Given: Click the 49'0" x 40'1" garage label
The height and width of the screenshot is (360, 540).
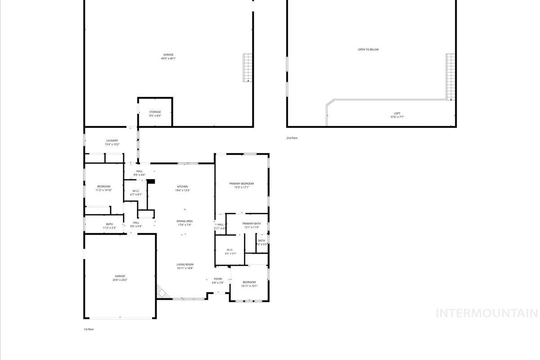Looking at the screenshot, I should pyautogui.click(x=168, y=57).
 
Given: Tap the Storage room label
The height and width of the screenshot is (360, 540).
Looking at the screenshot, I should pyautogui.click(x=155, y=114).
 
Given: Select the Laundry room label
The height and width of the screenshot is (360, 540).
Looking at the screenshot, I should pyautogui.click(x=112, y=142).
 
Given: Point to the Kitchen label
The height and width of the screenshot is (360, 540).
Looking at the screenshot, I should pyautogui.click(x=182, y=188).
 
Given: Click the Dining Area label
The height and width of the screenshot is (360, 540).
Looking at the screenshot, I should pyautogui.click(x=184, y=223).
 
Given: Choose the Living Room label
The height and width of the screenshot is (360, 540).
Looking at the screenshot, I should pyautogui.click(x=184, y=266).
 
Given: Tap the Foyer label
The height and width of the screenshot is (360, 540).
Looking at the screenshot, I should pyautogui.click(x=218, y=281).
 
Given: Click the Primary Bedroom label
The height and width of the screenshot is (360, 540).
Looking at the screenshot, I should pyautogui.click(x=241, y=185).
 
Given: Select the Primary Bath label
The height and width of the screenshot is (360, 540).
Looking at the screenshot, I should pyautogui.click(x=251, y=225).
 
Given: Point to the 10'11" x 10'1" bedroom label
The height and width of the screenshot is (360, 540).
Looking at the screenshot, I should pyautogui.click(x=249, y=284).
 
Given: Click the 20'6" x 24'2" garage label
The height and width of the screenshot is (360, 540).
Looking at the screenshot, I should pyautogui.click(x=120, y=278).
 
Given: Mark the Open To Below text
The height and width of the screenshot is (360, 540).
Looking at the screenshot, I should pyautogui.click(x=368, y=49).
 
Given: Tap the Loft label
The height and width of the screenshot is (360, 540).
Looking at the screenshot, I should pyautogui.click(x=397, y=115).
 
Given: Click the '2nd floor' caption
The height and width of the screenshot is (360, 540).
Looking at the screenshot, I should pyautogui.click(x=292, y=138).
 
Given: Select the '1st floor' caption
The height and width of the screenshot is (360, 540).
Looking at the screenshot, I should pyautogui.click(x=89, y=329).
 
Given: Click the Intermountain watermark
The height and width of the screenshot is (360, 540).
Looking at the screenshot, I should pyautogui.click(x=486, y=313).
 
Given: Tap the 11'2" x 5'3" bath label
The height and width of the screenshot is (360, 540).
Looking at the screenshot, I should pyautogui.click(x=109, y=226).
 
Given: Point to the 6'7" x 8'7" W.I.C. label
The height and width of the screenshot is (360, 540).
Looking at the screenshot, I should pyautogui.click(x=136, y=193).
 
